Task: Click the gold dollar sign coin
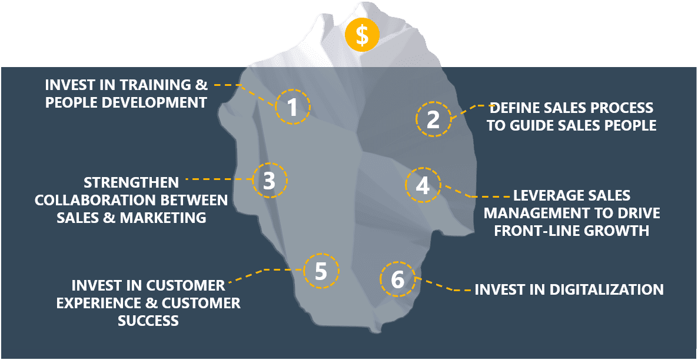[x=362, y=35]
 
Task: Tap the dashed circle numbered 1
[x=291, y=107]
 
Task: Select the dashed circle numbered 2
[x=433, y=119]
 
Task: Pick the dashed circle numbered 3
[x=269, y=181]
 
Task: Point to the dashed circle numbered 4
[x=423, y=185]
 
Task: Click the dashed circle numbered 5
[x=321, y=271]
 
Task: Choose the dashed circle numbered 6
[x=397, y=279]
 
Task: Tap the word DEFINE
[x=517, y=108]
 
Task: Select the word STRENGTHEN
[x=132, y=182]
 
